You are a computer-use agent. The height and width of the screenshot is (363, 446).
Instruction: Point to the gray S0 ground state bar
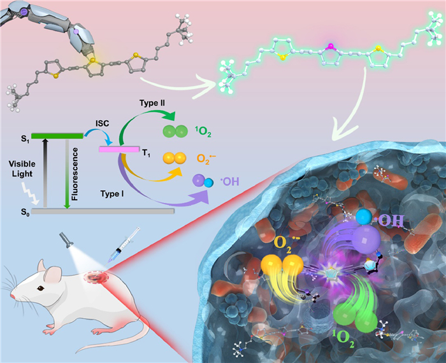pyautogui.click(x=102, y=210)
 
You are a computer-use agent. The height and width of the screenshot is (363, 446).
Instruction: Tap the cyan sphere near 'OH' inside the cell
pyautogui.click(x=363, y=216)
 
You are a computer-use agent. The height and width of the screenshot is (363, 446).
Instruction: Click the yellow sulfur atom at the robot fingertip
pyautogui.click(x=94, y=62)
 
